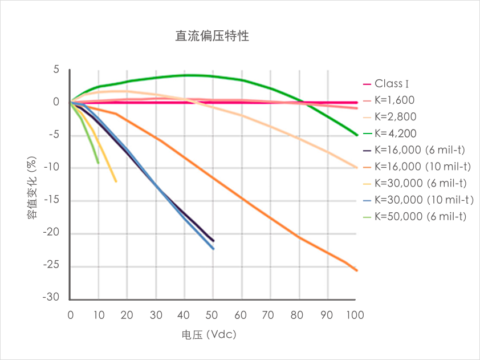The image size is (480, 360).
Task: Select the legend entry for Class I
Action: [x=393, y=84]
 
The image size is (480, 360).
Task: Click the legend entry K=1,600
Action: [x=394, y=100]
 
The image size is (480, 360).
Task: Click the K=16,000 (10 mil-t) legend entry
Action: [x=422, y=167]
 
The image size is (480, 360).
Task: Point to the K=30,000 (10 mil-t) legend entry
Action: [x=422, y=200]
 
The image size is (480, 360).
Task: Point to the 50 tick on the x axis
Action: [x=213, y=314]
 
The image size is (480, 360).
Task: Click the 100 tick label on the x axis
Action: [x=355, y=314]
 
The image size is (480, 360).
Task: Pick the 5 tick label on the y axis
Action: [x=56, y=70]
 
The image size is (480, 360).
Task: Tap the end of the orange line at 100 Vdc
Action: [x=356, y=270]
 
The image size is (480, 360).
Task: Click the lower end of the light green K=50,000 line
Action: [x=98, y=163]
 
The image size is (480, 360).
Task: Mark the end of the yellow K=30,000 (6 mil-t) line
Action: [x=116, y=181]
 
